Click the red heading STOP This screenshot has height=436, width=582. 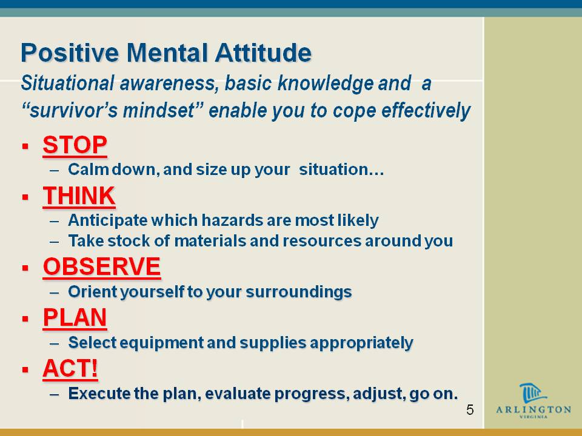tap(75, 145)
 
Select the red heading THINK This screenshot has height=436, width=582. tap(79, 196)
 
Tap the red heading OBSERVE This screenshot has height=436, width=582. tap(102, 266)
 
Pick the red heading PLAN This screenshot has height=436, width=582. tap(75, 317)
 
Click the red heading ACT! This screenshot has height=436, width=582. tap(70, 368)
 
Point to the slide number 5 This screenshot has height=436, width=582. tap(470, 410)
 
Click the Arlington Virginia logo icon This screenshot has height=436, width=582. tap(532, 393)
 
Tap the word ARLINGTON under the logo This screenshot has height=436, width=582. tap(533, 409)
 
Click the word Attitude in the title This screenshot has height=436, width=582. tap(263, 53)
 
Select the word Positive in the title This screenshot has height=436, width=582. tap(70, 53)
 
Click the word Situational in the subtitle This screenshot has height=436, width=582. tap(67, 83)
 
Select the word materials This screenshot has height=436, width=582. tap(210, 241)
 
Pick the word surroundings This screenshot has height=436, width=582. tap(298, 292)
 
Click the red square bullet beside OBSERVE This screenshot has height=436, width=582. tap(25, 268)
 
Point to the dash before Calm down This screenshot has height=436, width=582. tap(54, 171)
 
